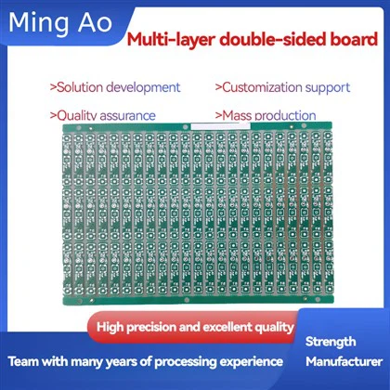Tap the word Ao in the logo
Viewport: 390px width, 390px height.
pos(95,23)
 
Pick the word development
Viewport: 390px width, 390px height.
pos(143,88)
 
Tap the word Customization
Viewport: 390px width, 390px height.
pos(262,87)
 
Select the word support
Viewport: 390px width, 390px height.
pos(328,88)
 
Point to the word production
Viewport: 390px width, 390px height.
pos(285,116)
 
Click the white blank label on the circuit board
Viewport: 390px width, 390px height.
pos(220,126)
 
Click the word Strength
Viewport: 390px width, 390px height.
pos(331,342)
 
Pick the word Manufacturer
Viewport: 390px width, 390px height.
pos(344,361)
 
